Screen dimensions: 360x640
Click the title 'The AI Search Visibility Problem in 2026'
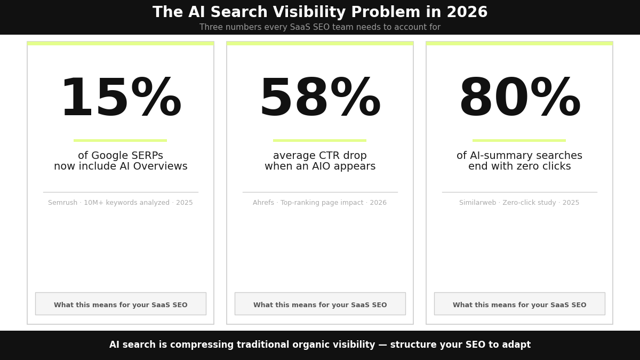click(x=320, y=13)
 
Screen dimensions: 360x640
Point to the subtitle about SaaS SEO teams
click(x=320, y=27)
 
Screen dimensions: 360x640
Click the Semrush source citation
click(x=121, y=203)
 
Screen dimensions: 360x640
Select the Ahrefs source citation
click(x=320, y=203)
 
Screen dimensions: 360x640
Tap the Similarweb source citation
click(x=519, y=203)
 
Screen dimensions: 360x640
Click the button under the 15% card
click(x=121, y=304)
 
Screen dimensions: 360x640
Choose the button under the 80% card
click(x=519, y=304)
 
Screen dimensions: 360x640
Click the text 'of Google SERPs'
click(x=121, y=156)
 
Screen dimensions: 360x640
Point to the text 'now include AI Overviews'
click(x=121, y=166)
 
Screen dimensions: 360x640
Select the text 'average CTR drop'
click(x=320, y=156)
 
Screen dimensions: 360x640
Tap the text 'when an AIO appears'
click(x=320, y=166)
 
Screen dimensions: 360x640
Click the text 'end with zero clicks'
click(x=519, y=166)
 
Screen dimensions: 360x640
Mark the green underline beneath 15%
click(x=121, y=140)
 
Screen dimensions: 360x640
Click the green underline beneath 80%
click(x=519, y=140)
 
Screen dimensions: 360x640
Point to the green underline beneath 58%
click(x=320, y=140)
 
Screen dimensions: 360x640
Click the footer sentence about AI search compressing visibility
click(x=320, y=345)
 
